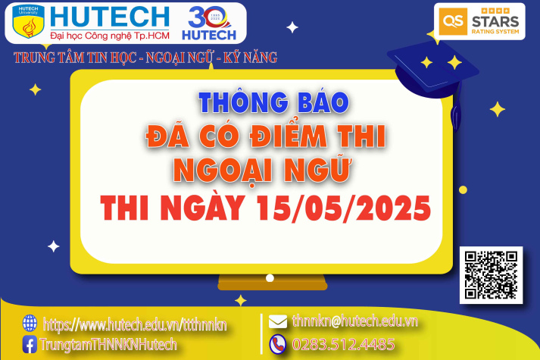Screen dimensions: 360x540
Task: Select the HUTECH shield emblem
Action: pyautogui.click(x=29, y=23)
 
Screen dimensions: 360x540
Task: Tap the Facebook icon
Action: pyautogui.click(x=30, y=344)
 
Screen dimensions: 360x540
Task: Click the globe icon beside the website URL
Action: pyautogui.click(x=30, y=324)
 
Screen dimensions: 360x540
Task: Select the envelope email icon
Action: pyautogui.click(x=277, y=321)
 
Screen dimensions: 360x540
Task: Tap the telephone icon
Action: pyautogui.click(x=277, y=343)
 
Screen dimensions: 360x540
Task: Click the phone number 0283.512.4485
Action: pyautogui.click(x=343, y=344)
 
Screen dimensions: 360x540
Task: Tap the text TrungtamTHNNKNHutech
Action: pyautogui.click(x=109, y=344)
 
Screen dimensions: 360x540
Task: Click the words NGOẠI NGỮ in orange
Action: pyautogui.click(x=263, y=171)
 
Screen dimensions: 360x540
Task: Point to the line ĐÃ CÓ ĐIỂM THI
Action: pyautogui.click(x=265, y=137)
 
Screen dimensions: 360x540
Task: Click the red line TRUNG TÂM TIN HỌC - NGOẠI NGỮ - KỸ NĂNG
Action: pyautogui.click(x=145, y=57)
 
